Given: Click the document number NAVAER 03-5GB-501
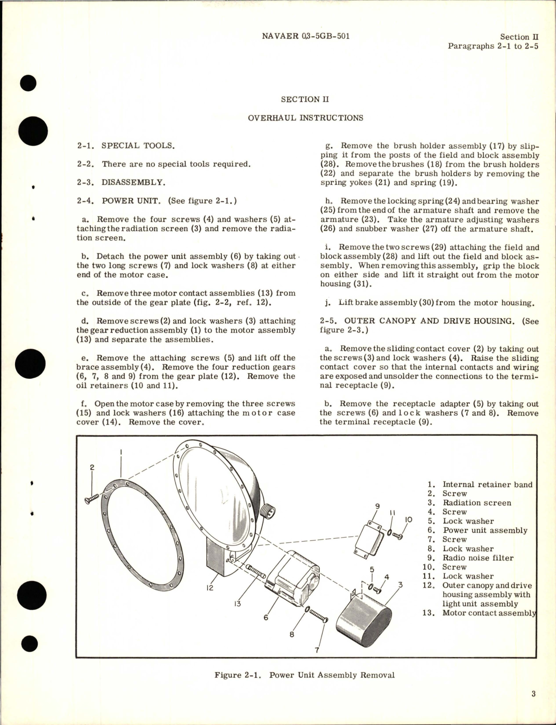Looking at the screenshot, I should (x=306, y=36).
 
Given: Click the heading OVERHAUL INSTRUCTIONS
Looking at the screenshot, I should (x=306, y=118).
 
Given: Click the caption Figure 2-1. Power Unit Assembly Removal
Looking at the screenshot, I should (x=304, y=675).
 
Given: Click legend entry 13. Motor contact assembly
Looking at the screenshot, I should (x=481, y=613).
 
